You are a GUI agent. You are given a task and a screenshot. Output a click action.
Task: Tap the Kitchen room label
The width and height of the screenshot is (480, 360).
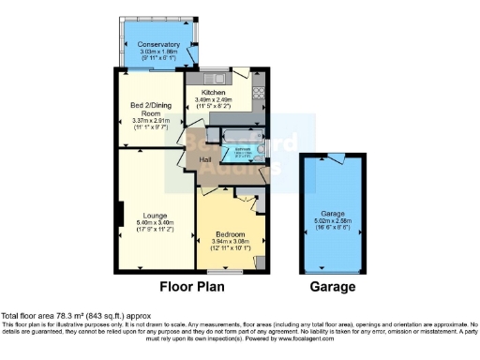click(212, 93)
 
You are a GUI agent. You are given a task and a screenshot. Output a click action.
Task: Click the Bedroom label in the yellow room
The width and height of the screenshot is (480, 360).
click(230, 233)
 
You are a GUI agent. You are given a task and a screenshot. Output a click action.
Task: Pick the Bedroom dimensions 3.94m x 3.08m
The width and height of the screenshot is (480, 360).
click(230, 242)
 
